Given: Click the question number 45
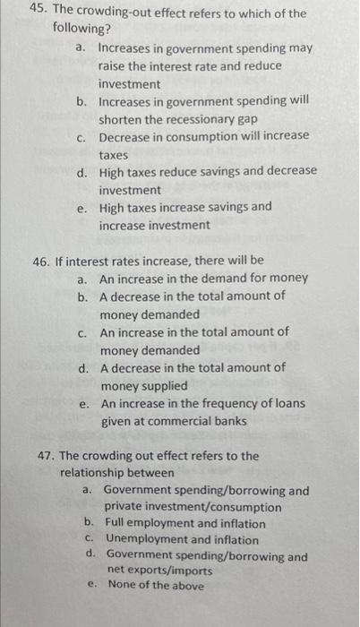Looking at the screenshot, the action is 38,13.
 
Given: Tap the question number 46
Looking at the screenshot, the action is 41,261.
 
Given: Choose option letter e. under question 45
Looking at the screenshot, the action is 82,207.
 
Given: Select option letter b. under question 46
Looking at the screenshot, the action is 82,296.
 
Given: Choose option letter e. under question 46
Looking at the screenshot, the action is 84,404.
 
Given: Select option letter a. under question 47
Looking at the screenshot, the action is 88,491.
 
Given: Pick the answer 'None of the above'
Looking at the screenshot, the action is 155,586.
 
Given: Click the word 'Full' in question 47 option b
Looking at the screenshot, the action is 116,523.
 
